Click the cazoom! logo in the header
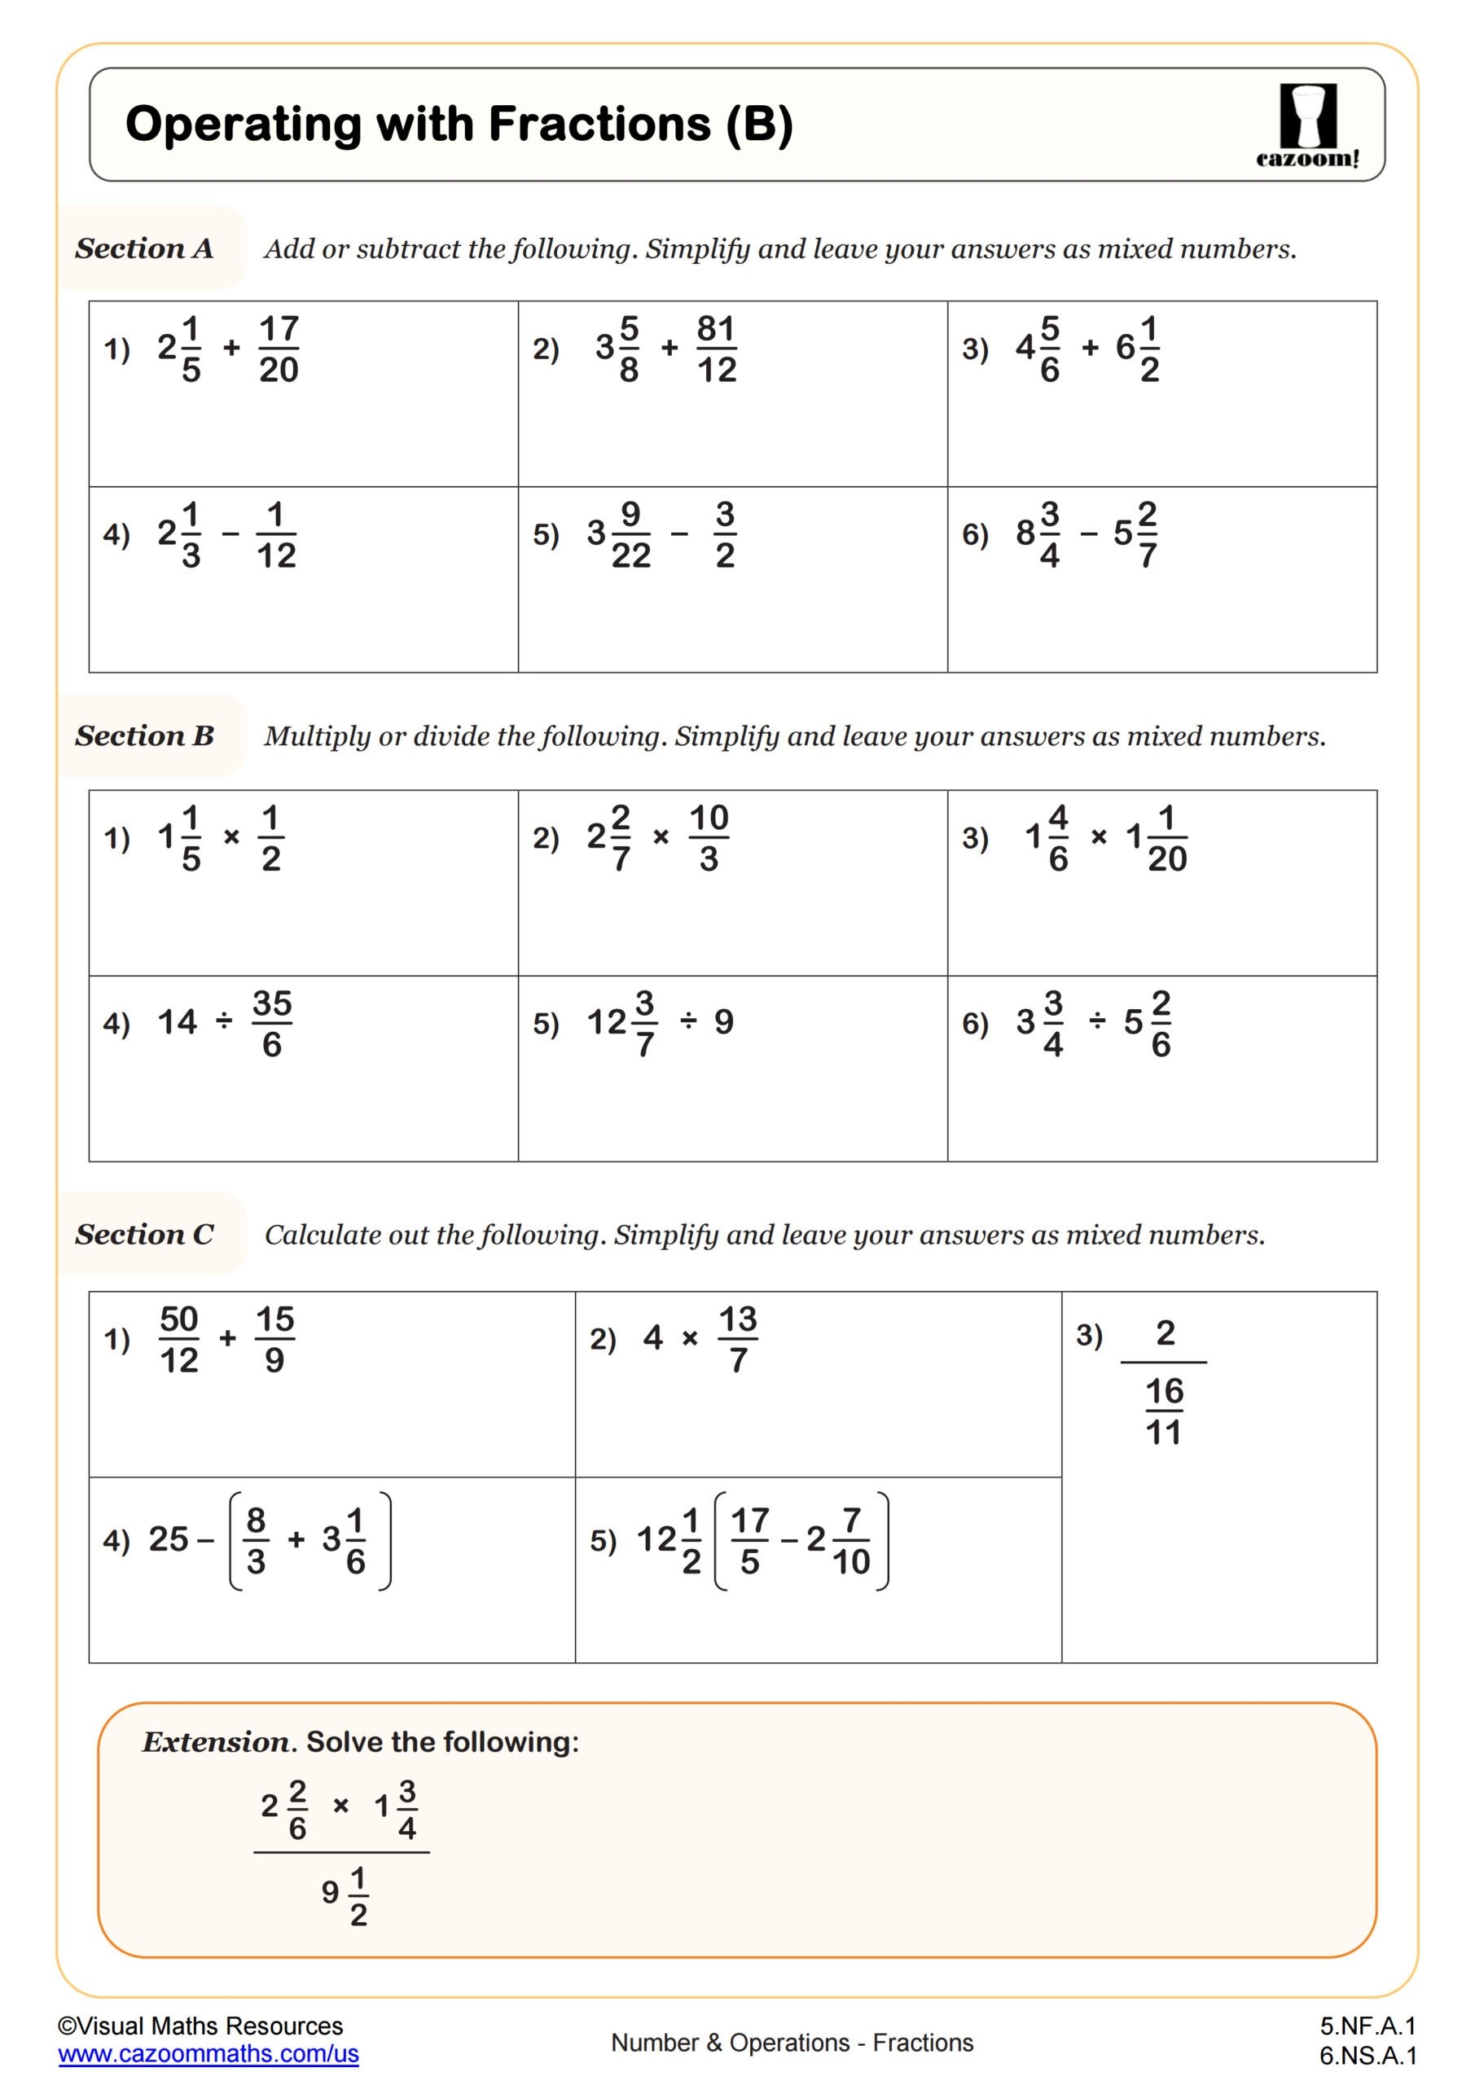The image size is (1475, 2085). pyautogui.click(x=1308, y=125)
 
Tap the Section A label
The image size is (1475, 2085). pyautogui.click(x=144, y=248)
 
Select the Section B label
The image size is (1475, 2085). pyautogui.click(x=144, y=735)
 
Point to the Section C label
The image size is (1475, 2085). pyautogui.click(x=144, y=1234)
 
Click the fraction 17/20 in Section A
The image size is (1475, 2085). pyautogui.click(x=279, y=349)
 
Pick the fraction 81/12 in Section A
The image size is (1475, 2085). pyautogui.click(x=717, y=349)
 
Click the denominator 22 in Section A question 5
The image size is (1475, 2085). pyautogui.click(x=631, y=555)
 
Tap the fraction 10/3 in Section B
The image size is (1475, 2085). pyautogui.click(x=709, y=837)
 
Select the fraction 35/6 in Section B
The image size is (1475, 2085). pyautogui.click(x=271, y=1024)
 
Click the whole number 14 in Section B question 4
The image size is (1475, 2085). pyautogui.click(x=177, y=1022)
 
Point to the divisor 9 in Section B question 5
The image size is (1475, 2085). pyautogui.click(x=724, y=1022)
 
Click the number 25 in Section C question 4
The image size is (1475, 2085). pyautogui.click(x=169, y=1539)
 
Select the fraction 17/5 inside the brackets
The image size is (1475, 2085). pyautogui.click(x=749, y=1541)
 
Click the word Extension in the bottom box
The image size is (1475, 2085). pyautogui.click(x=216, y=1742)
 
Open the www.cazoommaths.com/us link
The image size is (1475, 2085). pyautogui.click(x=208, y=2053)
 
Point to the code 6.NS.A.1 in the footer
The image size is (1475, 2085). pyautogui.click(x=1367, y=2055)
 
